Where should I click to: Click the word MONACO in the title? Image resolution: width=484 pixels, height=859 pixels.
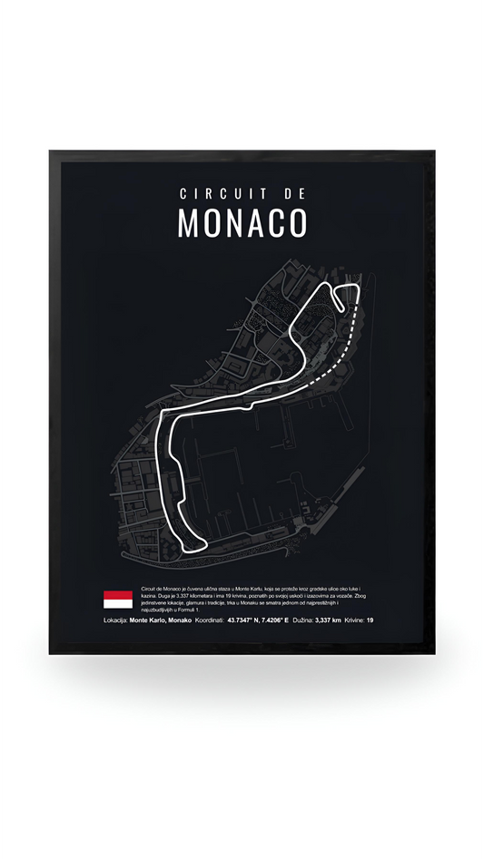pyautogui.click(x=242, y=223)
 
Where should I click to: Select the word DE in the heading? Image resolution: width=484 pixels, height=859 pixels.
pyautogui.click(x=290, y=193)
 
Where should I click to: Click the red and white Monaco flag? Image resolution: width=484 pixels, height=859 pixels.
pyautogui.click(x=118, y=600)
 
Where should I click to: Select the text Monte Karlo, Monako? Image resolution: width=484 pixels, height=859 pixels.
pyautogui.click(x=160, y=621)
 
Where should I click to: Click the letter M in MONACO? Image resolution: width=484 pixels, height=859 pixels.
pyautogui.click(x=188, y=223)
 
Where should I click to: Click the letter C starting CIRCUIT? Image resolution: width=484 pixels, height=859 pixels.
pyautogui.click(x=184, y=193)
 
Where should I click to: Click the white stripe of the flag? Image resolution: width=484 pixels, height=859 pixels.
pyautogui.click(x=118, y=604)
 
